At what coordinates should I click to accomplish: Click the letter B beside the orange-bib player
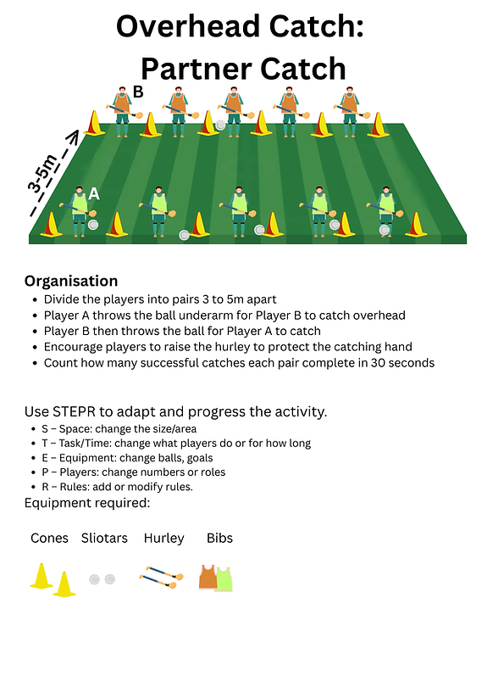[x=138, y=92]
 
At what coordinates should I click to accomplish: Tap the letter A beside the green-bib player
[x=94, y=193]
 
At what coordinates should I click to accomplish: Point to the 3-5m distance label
[x=43, y=173]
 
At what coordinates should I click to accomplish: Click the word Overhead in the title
[x=190, y=25]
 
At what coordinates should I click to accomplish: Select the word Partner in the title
[x=197, y=69]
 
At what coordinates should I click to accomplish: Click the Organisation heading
[x=71, y=281]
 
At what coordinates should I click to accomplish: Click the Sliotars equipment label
[x=104, y=539]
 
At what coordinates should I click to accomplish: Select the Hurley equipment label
[x=164, y=539]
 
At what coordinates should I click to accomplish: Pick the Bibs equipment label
[x=219, y=539]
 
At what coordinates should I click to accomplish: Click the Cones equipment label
[x=49, y=539]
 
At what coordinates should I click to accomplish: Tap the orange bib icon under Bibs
[x=208, y=577]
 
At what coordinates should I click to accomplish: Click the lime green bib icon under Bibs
[x=224, y=579]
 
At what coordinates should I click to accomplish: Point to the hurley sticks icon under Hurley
[x=162, y=577]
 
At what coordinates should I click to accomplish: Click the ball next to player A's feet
[x=93, y=225]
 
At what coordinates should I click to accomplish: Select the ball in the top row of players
[x=220, y=125]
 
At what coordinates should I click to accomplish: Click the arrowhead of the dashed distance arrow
[x=75, y=136]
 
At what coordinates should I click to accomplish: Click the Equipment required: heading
[x=87, y=503]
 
